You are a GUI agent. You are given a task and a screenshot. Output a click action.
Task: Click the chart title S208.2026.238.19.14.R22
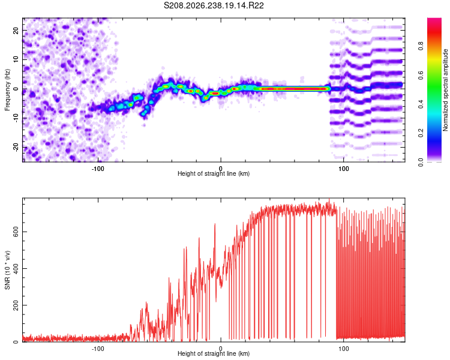pos(214,5)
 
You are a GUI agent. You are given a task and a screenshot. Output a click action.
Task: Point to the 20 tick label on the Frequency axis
pos(16,31)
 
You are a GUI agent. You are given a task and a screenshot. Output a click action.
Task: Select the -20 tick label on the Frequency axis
pos(16,148)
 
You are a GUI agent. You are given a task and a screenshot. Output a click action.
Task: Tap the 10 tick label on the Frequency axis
pos(16,59)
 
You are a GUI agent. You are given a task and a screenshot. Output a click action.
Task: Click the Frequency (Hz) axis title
pos(7,90)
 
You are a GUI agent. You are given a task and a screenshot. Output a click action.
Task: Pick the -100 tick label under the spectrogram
pos(98,169)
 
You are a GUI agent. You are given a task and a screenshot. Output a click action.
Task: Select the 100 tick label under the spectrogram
pos(344,169)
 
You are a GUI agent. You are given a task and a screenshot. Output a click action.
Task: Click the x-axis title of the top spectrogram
pos(214,173)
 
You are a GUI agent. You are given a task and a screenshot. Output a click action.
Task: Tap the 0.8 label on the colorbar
pos(421,46)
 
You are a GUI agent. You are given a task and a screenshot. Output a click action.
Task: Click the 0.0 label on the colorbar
pos(421,162)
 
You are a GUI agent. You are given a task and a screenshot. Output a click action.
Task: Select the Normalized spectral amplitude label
pos(445,90)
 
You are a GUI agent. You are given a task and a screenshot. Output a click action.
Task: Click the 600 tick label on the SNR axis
pos(16,232)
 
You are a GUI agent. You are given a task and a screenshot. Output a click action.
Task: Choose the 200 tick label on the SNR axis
pos(16,305)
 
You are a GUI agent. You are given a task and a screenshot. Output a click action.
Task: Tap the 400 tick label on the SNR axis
pos(16,268)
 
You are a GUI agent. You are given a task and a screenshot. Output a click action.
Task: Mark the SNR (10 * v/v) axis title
pos(7,270)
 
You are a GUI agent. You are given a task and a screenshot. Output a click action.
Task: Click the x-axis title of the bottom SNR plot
pos(214,353)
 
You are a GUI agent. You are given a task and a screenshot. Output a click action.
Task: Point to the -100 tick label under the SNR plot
pos(98,349)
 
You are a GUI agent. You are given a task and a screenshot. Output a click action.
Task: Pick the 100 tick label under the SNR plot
pos(344,349)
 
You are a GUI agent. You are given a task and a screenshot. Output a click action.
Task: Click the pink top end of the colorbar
pos(434,20)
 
